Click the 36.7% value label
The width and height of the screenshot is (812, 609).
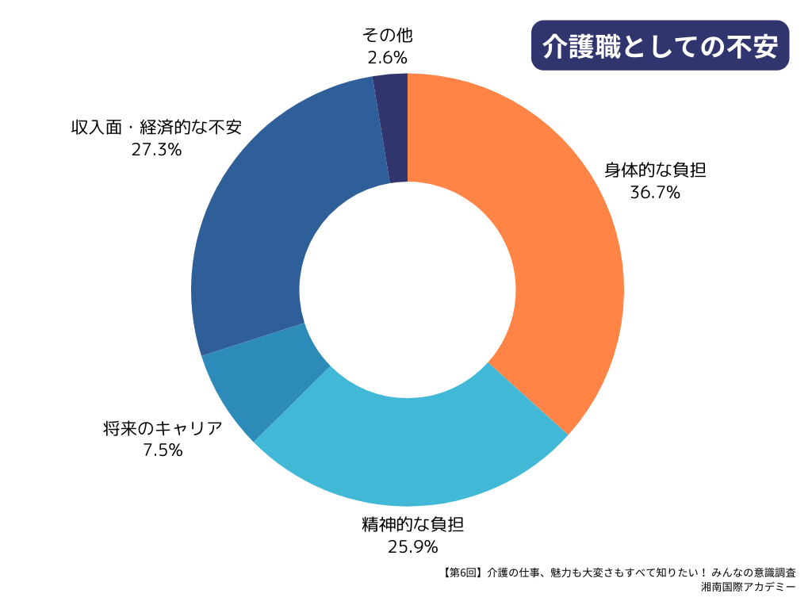tap(655, 192)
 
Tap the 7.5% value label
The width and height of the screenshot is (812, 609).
tap(163, 450)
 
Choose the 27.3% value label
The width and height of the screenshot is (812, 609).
tap(156, 148)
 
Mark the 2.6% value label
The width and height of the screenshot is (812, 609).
tap(387, 57)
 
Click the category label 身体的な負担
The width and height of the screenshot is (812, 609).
tap(655, 170)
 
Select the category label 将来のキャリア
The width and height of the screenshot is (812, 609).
tap(163, 429)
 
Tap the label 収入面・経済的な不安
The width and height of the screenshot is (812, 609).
tap(156, 127)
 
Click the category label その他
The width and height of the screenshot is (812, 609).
tap(388, 36)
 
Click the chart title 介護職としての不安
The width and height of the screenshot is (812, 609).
tap(659, 46)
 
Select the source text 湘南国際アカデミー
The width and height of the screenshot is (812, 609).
tap(749, 588)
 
